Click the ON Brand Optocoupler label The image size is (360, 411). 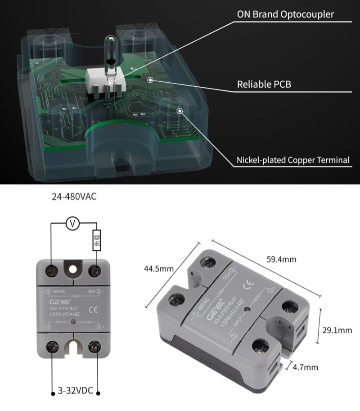point(285,14)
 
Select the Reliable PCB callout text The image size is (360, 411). point(261,85)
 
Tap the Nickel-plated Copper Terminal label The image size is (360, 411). point(293,160)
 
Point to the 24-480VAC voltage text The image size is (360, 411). point(74,197)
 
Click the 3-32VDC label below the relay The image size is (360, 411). point(75,390)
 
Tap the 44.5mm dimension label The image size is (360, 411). point(159,269)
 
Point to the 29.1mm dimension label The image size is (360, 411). point(337,331)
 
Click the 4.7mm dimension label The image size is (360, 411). point(305,367)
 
